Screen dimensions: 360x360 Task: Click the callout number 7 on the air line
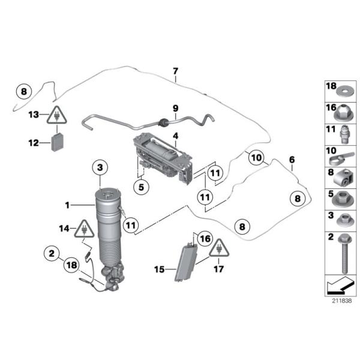[x=175, y=72]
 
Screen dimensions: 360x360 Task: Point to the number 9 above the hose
[x=175, y=109]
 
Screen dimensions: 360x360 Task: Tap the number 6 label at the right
[x=292, y=160]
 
